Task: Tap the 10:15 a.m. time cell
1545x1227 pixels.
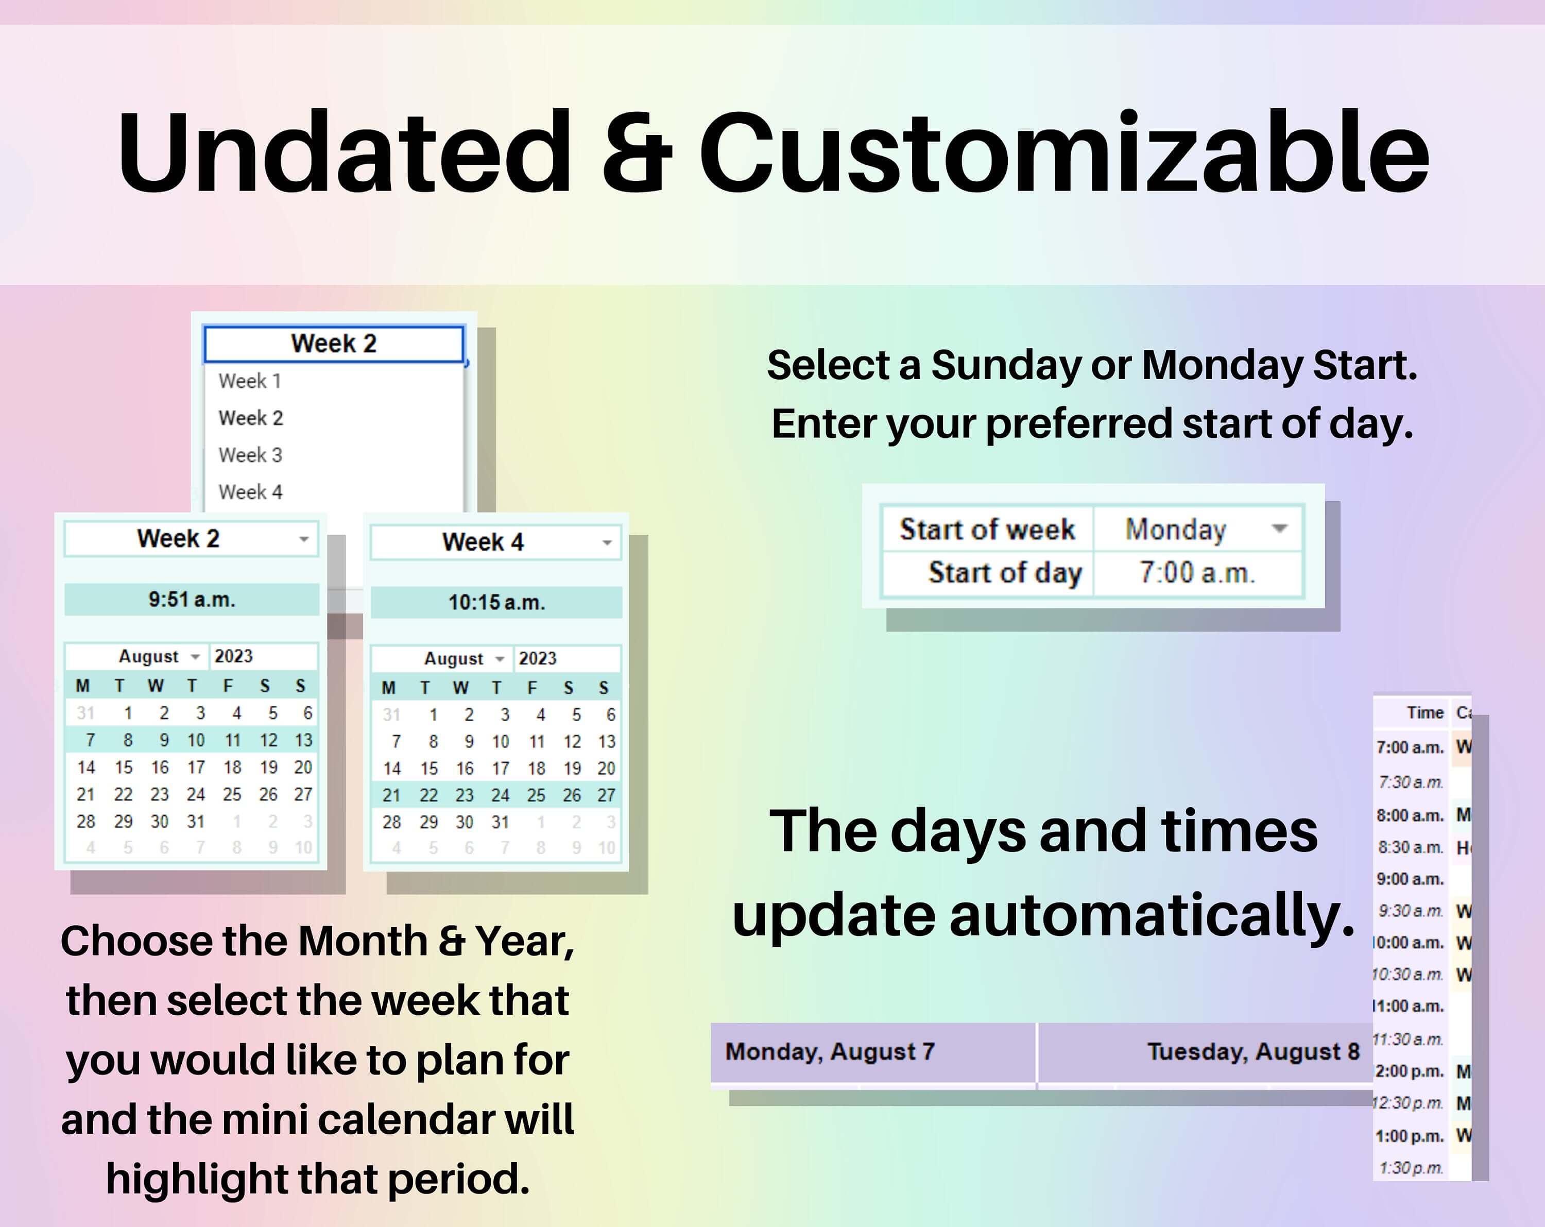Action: (496, 603)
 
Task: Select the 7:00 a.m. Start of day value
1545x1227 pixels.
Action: (1197, 573)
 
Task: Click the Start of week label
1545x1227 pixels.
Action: (987, 530)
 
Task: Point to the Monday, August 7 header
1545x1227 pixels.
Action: (830, 1051)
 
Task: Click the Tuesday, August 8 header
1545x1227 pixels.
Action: (1252, 1051)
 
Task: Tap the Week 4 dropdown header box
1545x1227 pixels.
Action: (494, 542)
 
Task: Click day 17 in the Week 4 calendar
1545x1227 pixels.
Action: (500, 769)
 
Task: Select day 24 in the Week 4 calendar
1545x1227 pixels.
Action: (500, 795)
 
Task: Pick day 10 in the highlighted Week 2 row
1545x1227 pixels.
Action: (196, 740)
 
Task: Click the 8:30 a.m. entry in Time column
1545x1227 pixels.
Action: (1410, 848)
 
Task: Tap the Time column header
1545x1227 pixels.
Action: (1424, 712)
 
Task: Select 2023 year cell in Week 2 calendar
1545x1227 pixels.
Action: (234, 656)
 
